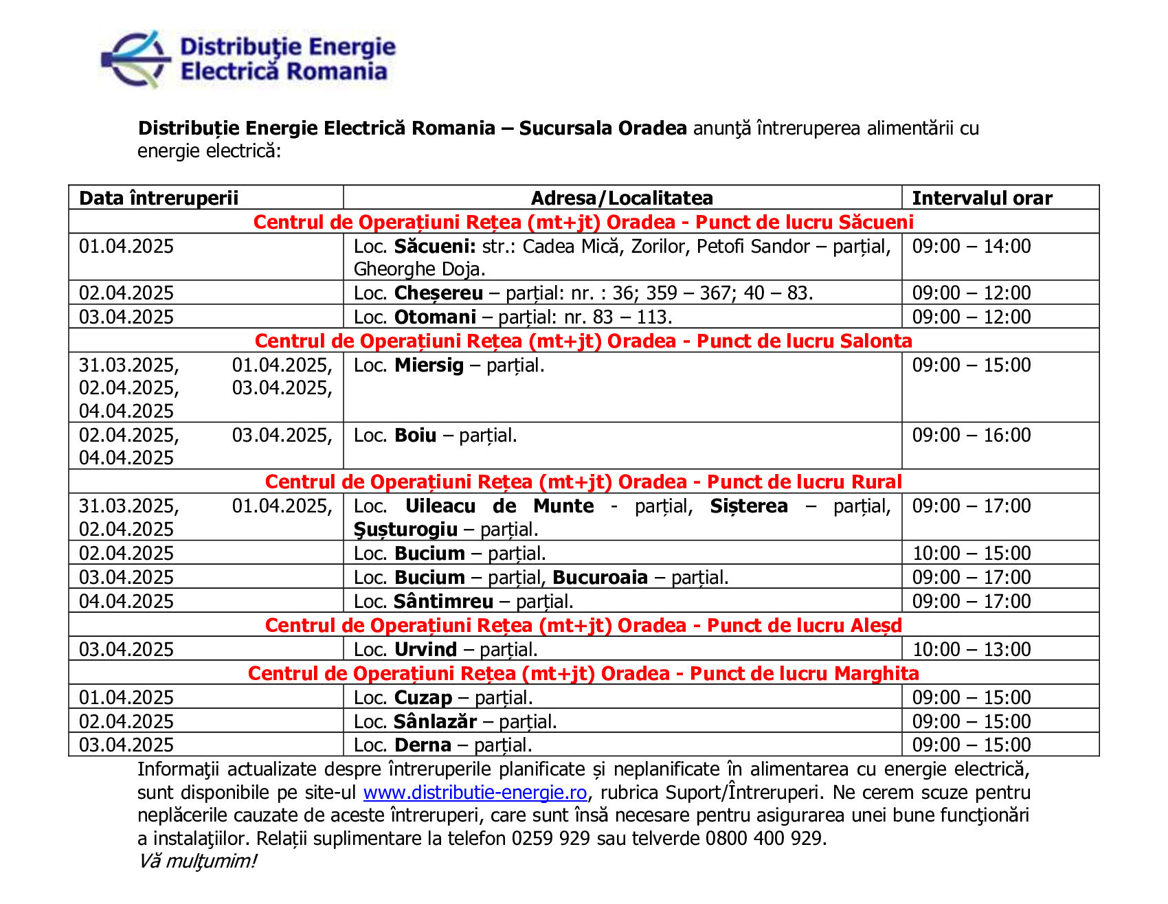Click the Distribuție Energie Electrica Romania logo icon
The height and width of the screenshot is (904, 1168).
[x=136, y=60]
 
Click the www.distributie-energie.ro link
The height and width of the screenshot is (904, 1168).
[x=475, y=793]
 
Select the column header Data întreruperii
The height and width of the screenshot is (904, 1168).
[x=159, y=199]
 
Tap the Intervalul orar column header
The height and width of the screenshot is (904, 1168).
[x=982, y=199]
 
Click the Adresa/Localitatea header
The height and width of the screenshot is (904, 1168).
[x=622, y=199]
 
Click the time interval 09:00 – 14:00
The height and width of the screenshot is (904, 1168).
[x=972, y=247]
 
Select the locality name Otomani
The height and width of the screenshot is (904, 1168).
[x=435, y=317]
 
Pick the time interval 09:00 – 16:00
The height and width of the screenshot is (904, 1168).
[x=972, y=436]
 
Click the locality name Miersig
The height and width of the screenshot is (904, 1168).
[x=429, y=365]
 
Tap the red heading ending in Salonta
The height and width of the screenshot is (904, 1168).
[x=583, y=341]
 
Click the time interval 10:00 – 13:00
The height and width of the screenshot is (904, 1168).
[x=972, y=650]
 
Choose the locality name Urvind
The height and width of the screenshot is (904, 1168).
[x=425, y=650]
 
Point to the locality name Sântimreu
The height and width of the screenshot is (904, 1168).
[x=444, y=602]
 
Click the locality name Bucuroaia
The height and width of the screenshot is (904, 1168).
[x=600, y=578]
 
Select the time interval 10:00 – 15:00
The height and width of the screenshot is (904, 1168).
[x=972, y=554]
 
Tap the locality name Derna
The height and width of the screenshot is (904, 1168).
[x=423, y=745]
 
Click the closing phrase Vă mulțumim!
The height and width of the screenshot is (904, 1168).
[x=197, y=861]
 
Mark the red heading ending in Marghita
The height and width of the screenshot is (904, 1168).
[x=583, y=674]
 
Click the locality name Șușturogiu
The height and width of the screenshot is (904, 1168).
[x=405, y=530]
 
